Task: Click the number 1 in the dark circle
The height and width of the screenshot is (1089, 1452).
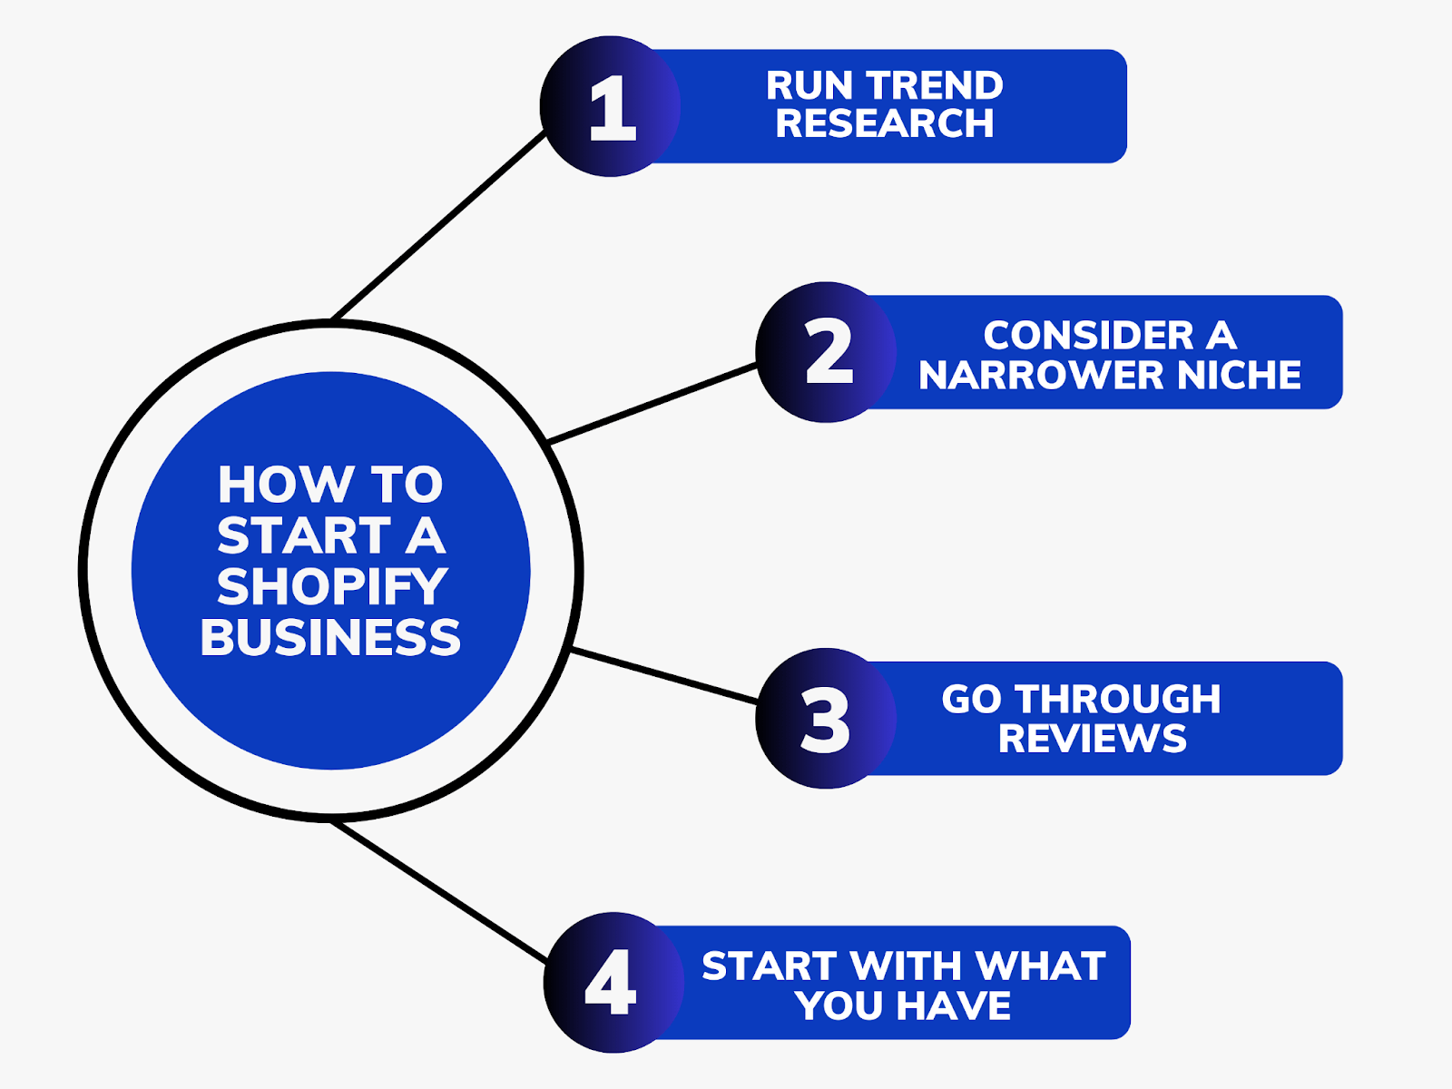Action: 612,109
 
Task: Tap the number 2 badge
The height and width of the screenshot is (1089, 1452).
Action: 828,352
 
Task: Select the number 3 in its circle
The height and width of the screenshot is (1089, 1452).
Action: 825,721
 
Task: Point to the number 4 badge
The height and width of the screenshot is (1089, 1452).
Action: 611,983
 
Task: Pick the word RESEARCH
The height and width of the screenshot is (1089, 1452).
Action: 885,124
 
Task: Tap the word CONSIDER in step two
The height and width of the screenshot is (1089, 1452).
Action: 1088,336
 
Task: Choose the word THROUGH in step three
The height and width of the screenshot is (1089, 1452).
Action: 1117,700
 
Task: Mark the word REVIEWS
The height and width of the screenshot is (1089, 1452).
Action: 1093,740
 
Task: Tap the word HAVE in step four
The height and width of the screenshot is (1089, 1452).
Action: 955,1006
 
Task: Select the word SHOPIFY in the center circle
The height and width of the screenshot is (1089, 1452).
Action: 332,587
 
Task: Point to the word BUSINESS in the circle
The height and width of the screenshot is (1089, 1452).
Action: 330,638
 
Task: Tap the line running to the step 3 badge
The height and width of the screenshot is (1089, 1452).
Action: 662,674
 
